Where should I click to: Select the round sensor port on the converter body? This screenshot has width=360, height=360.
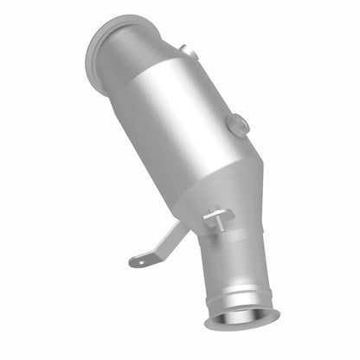[x=238, y=125]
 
